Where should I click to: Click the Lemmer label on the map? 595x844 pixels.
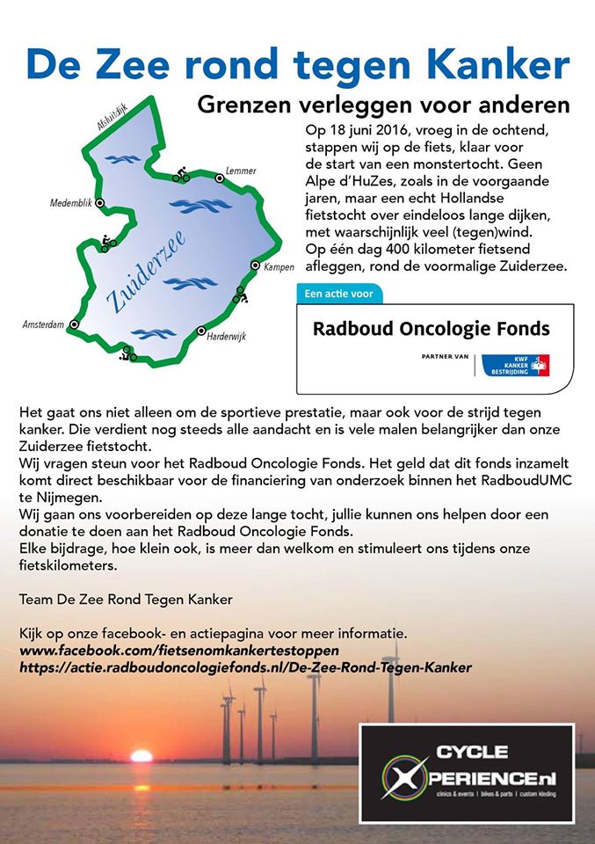coord(240,170)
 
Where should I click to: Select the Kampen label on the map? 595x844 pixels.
coord(279,266)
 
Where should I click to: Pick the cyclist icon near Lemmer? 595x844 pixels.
coord(181,174)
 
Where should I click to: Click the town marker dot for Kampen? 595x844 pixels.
coord(256,265)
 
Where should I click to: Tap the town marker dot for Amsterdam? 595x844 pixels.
coord(74,324)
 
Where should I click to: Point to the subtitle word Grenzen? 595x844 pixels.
coord(238,105)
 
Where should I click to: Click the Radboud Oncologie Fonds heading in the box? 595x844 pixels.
coord(431,330)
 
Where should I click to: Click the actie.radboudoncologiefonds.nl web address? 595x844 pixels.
coord(245,668)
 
